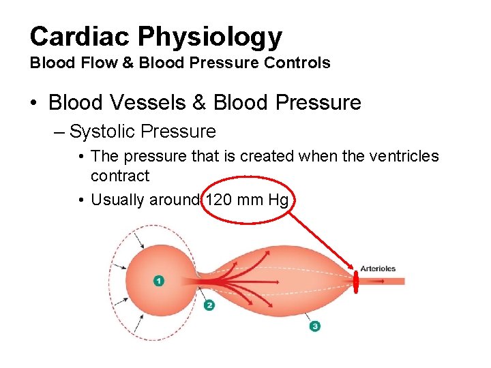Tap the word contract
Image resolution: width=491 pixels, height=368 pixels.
(120, 176)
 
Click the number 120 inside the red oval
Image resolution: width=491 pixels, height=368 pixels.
(219, 200)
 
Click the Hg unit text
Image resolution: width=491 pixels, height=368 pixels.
(278, 200)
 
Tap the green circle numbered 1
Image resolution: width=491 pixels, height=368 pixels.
(159, 281)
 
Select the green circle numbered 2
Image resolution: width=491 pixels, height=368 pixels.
(209, 305)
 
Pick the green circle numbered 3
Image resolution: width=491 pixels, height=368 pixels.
(314, 326)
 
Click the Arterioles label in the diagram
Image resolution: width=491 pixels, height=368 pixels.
(378, 269)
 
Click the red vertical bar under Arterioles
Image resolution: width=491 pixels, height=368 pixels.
(355, 281)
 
